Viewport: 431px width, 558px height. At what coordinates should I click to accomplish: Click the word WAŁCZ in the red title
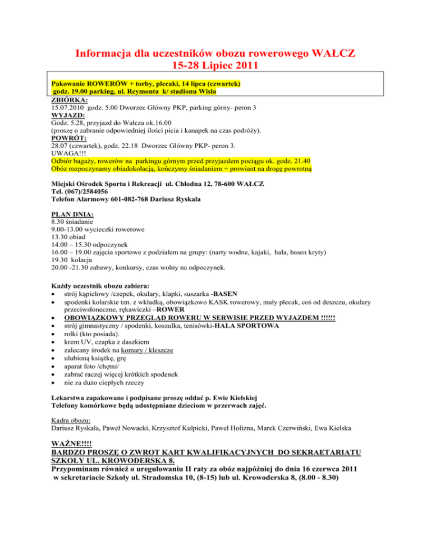pyautogui.click(x=329, y=54)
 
